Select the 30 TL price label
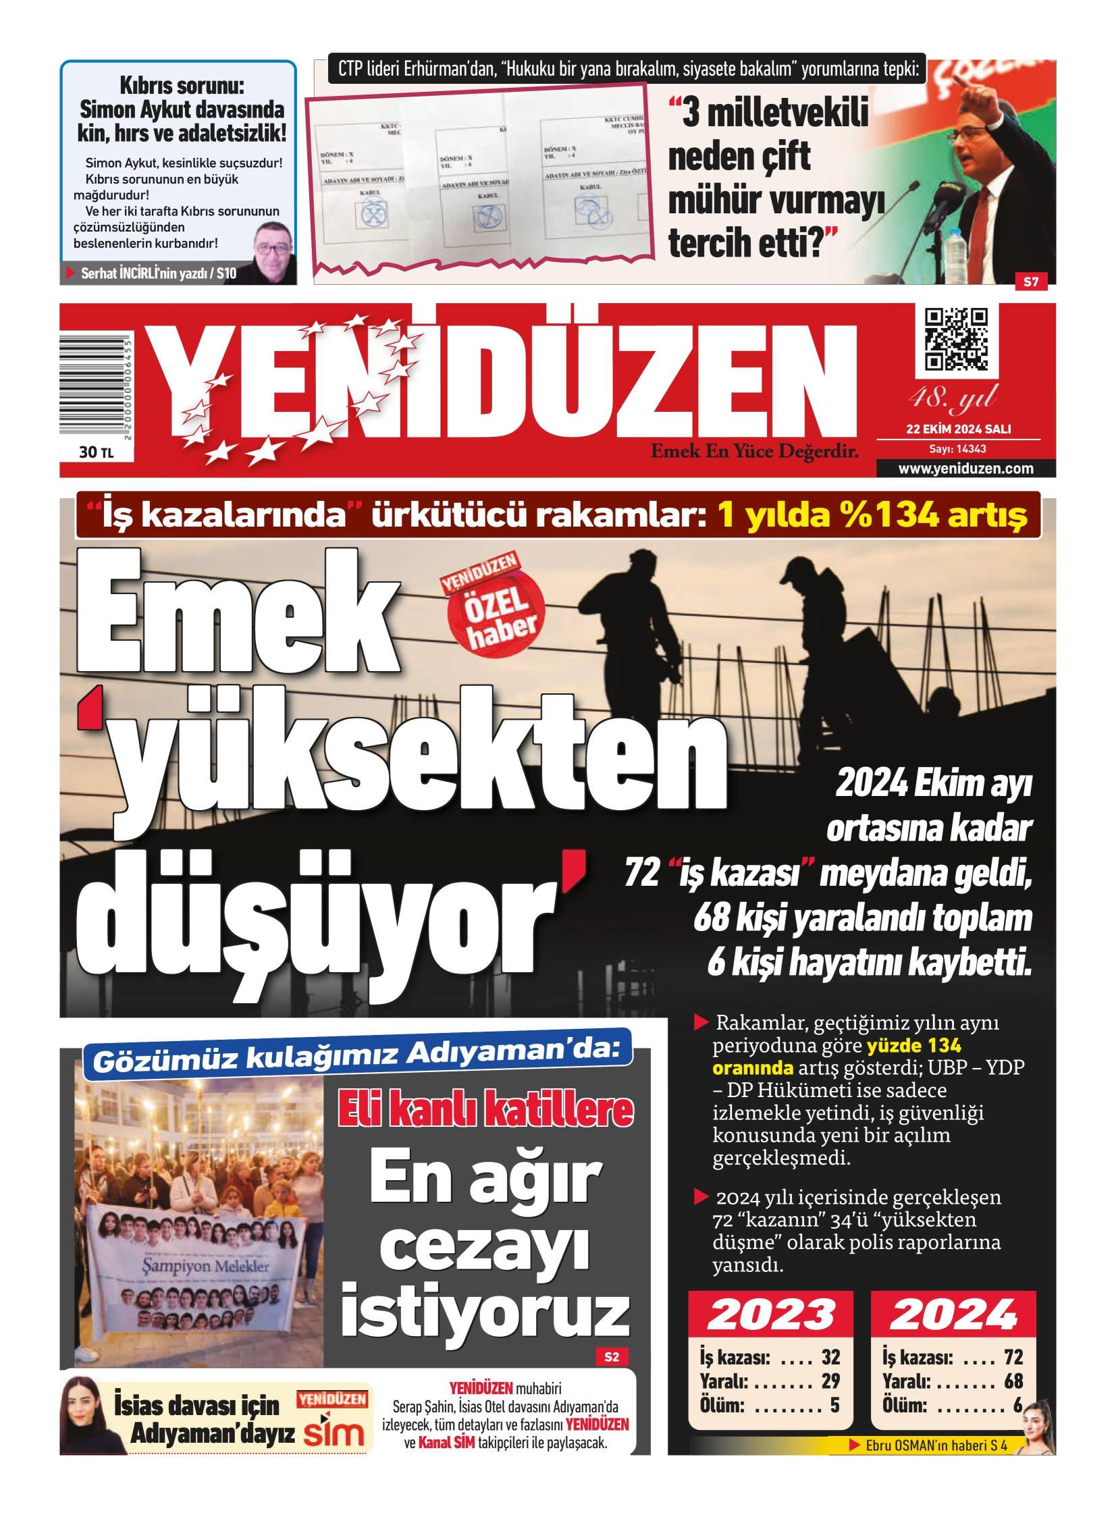(x=96, y=452)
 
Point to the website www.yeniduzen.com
(x=965, y=469)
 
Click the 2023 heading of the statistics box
(x=770, y=1314)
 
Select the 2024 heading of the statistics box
(x=953, y=1314)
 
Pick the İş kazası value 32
(x=830, y=1358)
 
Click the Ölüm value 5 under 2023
(x=834, y=1406)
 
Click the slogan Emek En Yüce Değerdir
(x=754, y=451)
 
